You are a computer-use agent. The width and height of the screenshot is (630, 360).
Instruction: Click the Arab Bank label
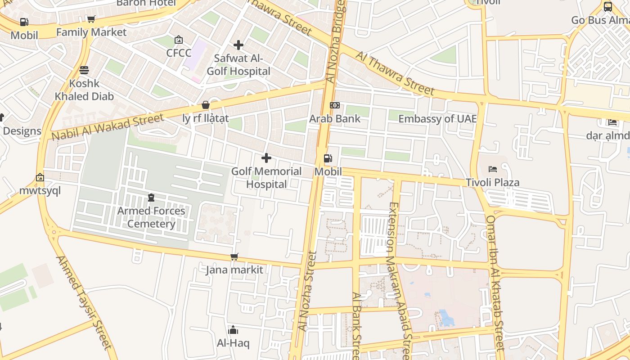pos(335,119)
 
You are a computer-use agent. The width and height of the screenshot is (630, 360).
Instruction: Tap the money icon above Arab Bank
pos(334,105)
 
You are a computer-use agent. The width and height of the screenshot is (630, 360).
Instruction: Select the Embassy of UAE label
pos(437,119)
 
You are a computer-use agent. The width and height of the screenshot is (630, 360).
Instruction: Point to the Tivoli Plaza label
pos(492,183)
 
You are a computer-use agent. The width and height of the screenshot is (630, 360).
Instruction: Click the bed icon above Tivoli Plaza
pos(493,169)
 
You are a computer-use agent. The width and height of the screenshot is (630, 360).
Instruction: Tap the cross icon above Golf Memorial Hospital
pos(266,158)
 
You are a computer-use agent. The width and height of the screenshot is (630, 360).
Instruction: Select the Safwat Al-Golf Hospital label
pos(238,65)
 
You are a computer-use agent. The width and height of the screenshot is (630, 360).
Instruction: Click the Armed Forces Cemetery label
pos(151,217)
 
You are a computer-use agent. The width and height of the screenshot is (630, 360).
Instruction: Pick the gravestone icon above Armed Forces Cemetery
pos(151,198)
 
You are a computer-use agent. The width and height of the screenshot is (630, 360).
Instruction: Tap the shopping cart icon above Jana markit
pos(234,257)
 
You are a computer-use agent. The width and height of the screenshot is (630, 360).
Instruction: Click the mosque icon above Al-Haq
pos(233,330)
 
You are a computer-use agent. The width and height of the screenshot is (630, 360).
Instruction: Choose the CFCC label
pos(179,53)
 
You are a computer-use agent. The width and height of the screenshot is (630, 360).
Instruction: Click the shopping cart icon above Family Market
pos(91,19)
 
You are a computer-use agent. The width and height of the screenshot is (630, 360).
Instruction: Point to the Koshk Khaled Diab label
pos(84,90)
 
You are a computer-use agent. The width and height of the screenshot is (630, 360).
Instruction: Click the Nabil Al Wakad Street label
pos(108,127)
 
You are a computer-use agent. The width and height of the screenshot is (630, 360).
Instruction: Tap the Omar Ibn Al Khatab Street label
pos(495,283)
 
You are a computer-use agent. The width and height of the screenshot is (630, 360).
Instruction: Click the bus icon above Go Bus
pos(607,7)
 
